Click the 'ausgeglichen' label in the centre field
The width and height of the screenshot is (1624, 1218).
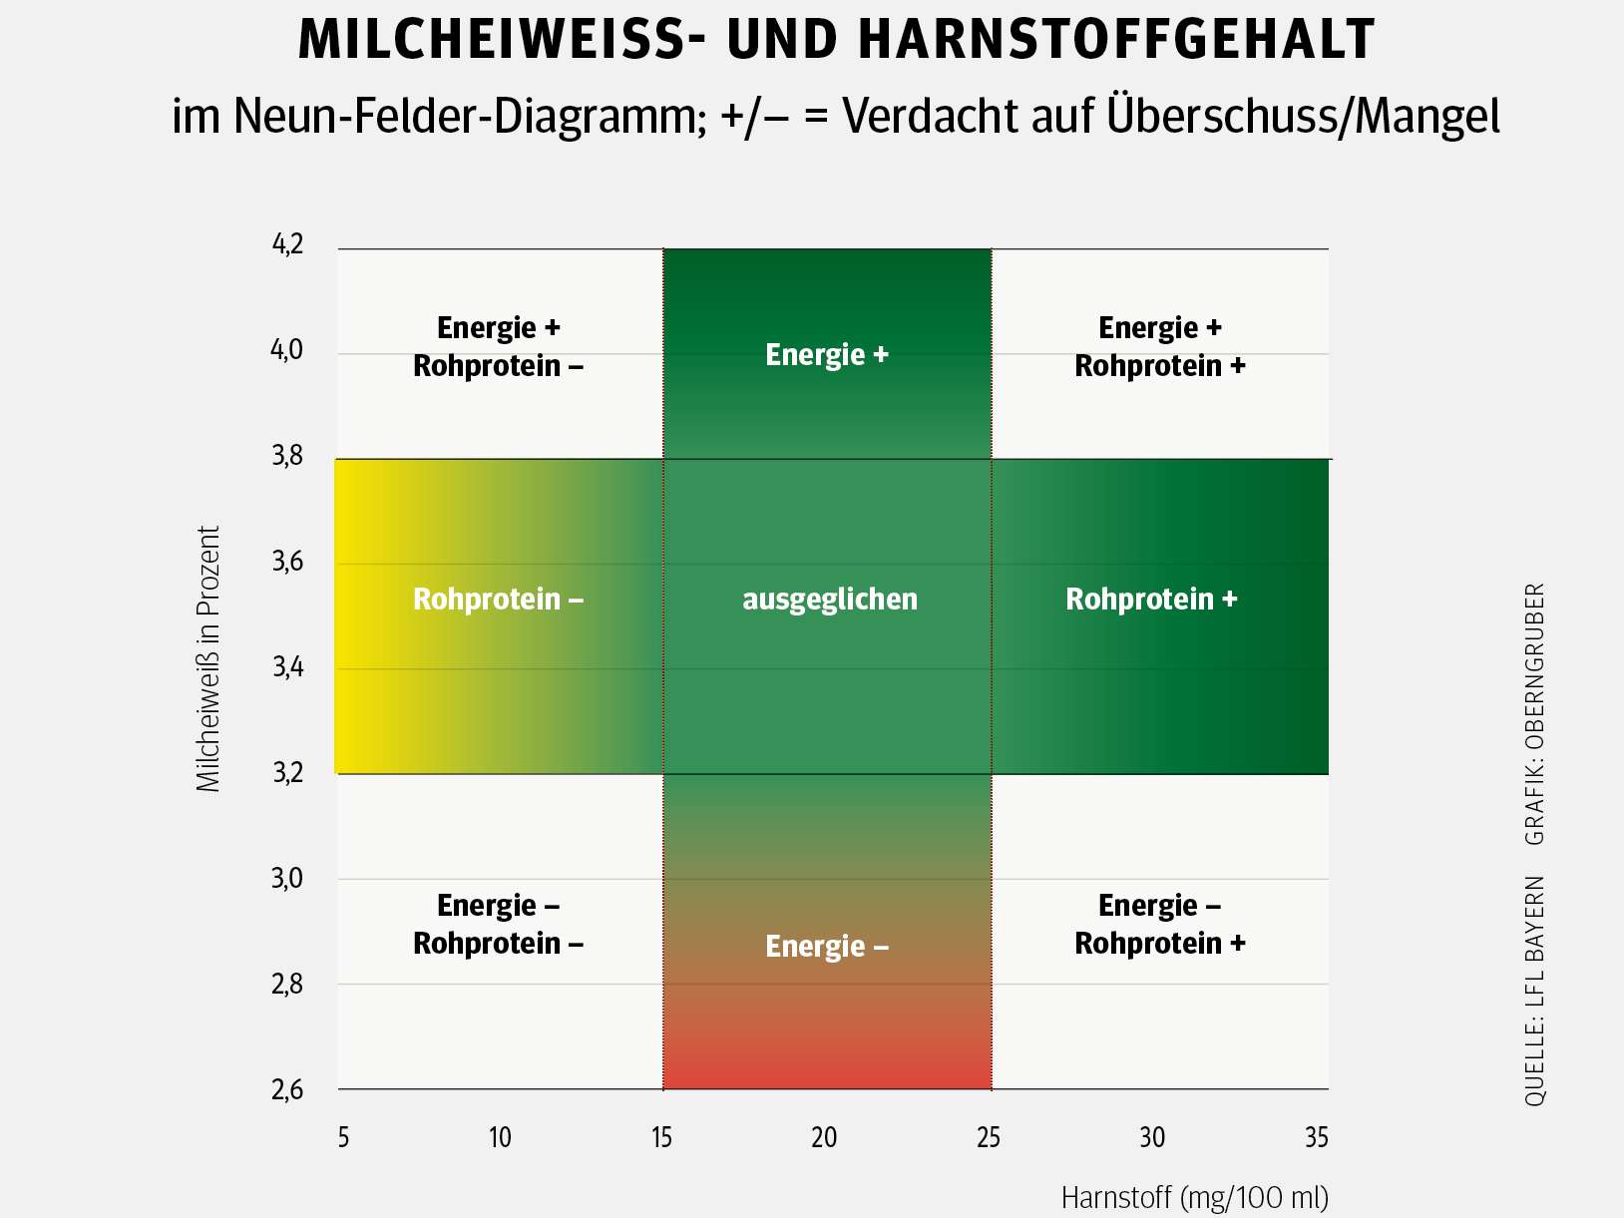829,599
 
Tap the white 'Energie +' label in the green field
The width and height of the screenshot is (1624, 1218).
826,354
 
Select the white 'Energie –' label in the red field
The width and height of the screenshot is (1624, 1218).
826,946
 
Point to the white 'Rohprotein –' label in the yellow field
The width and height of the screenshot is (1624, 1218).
498,599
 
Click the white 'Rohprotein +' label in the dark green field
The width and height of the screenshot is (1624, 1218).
1151,599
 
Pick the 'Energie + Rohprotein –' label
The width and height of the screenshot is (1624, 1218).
498,346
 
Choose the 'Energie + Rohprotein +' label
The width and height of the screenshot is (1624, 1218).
1160,346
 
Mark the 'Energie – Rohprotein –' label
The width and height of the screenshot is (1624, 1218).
498,924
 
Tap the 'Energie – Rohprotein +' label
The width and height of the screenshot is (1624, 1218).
1160,924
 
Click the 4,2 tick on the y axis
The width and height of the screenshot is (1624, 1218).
288,244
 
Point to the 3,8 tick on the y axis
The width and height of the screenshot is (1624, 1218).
288,456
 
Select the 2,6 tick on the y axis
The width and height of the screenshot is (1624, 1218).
288,1089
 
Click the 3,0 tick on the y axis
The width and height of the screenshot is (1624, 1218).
288,878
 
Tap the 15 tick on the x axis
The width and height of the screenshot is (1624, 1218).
662,1137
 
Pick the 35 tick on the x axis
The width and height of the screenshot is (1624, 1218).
1317,1137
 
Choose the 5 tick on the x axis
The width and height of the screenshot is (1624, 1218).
343,1137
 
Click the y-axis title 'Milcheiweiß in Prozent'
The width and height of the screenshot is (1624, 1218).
207,659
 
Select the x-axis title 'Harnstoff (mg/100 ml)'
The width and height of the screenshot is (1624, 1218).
1194,1196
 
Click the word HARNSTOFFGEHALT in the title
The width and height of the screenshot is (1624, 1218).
1116,41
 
